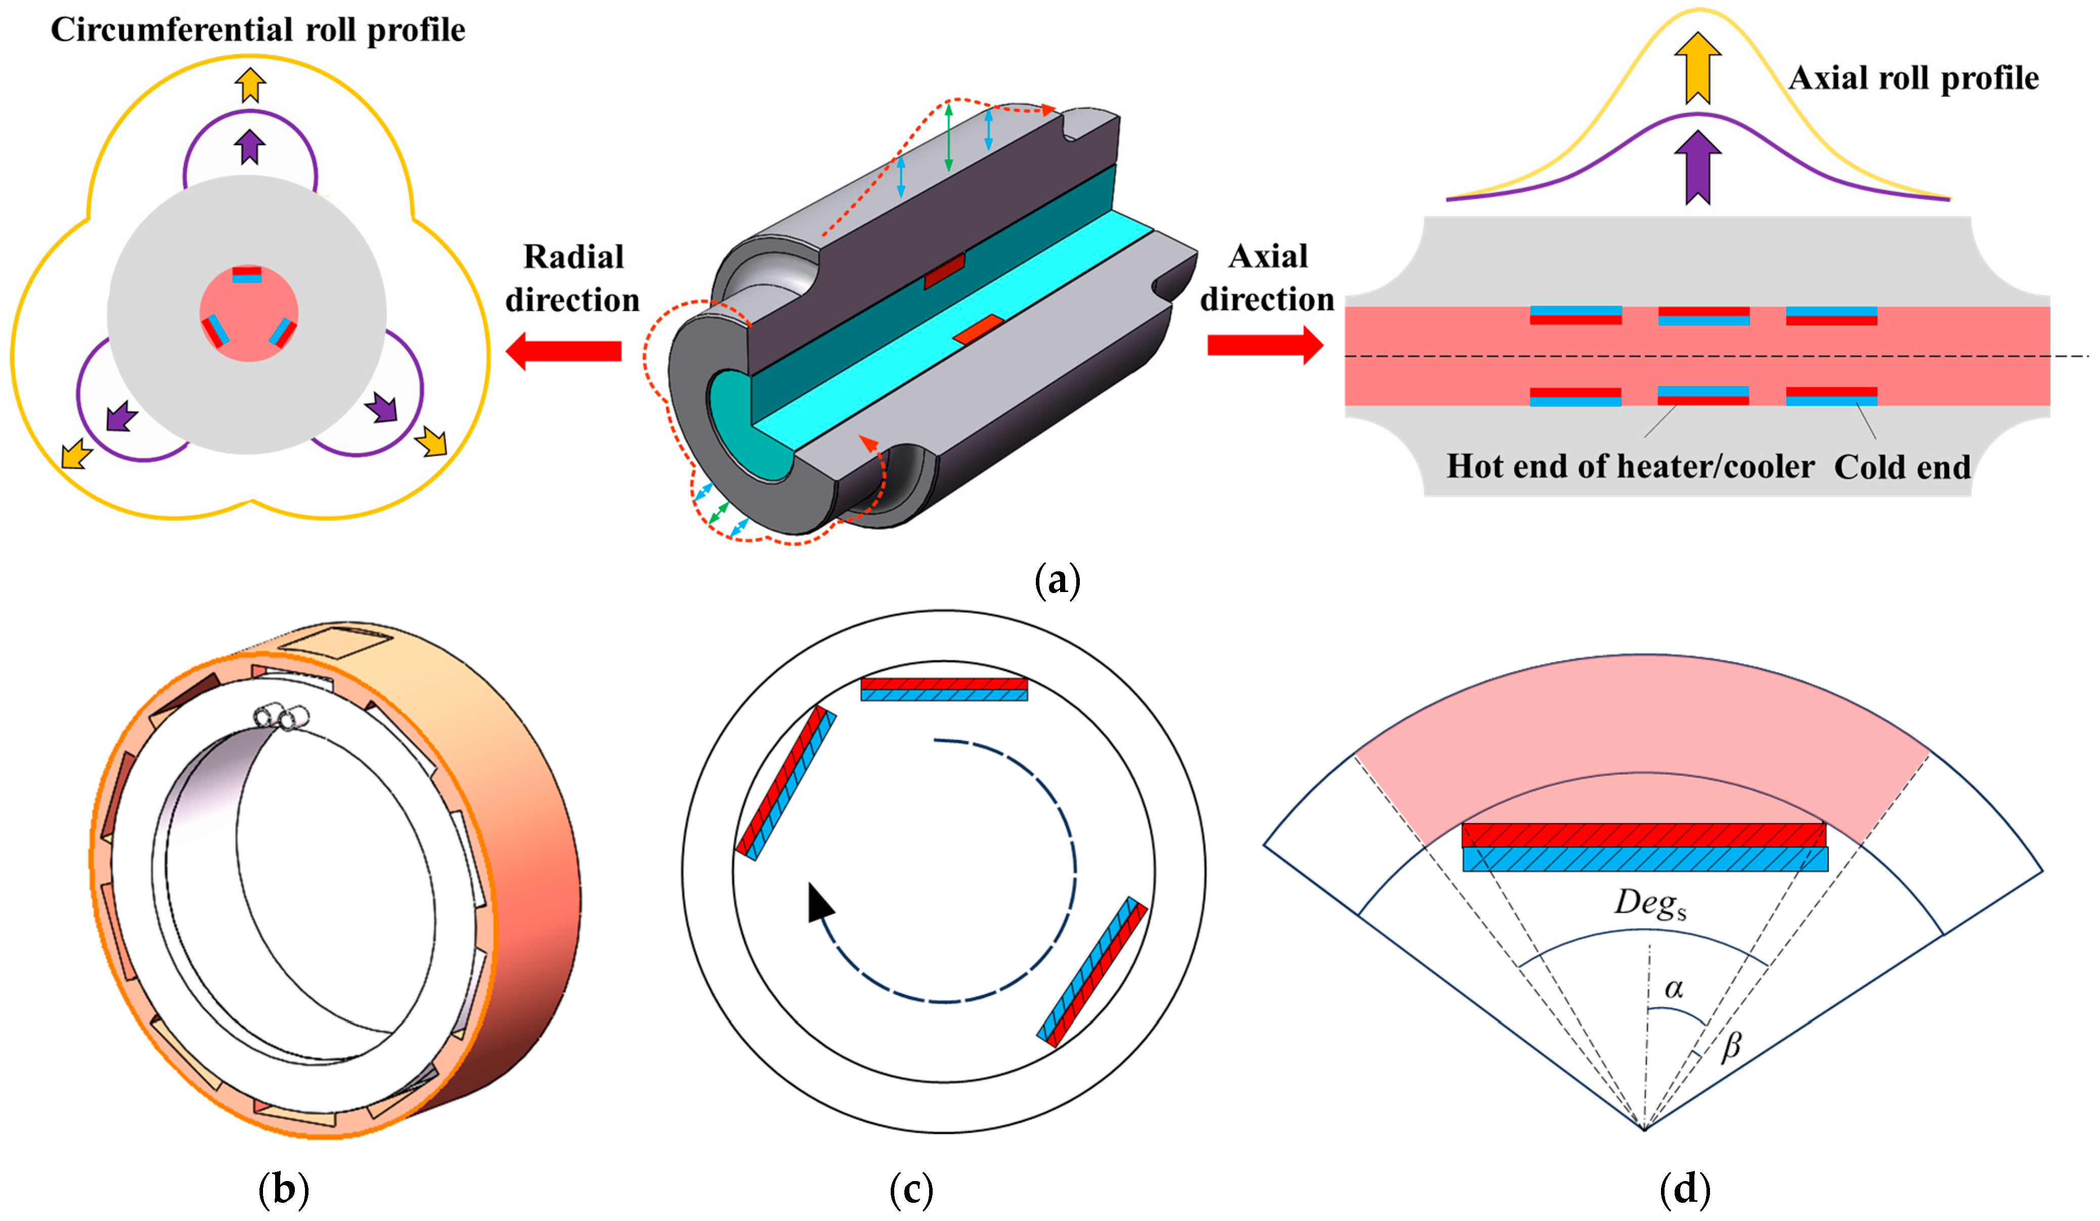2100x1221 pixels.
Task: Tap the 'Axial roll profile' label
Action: click(x=1913, y=78)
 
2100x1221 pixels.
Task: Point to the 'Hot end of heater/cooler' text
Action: click(x=1630, y=467)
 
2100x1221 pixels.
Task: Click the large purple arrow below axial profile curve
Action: click(x=1697, y=166)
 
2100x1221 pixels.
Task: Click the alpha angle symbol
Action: click(x=1673, y=988)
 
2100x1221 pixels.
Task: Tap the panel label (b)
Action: click(x=283, y=1189)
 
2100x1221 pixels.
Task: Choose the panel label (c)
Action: click(x=911, y=1189)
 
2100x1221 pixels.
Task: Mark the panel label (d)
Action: click(x=1685, y=1189)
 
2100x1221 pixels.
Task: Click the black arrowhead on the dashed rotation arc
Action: click(x=820, y=903)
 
